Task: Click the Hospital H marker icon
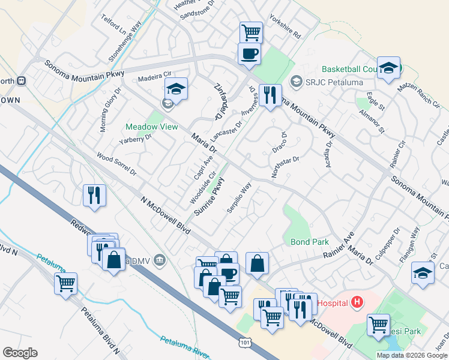click(x=358, y=302)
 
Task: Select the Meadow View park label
click(x=152, y=127)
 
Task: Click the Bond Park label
click(x=310, y=242)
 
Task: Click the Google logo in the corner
click(x=20, y=353)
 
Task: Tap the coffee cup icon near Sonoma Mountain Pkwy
click(x=249, y=54)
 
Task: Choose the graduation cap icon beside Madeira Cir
click(x=175, y=89)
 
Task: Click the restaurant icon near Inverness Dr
click(x=270, y=95)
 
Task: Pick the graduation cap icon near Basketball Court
click(x=388, y=68)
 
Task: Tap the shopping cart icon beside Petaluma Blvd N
click(x=65, y=283)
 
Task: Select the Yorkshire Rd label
click(x=285, y=27)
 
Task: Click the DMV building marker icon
click(x=159, y=260)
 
